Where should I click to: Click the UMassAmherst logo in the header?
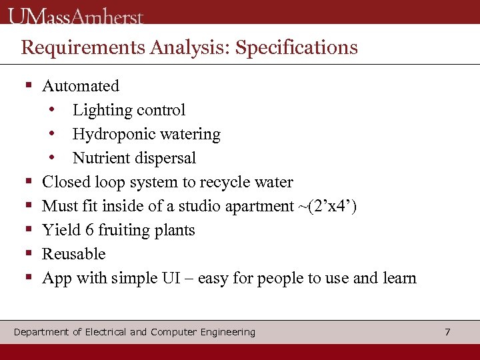(76, 15)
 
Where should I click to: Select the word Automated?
(81, 86)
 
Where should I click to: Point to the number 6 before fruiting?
(88, 230)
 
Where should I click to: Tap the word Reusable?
(73, 254)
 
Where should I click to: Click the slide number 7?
(447, 331)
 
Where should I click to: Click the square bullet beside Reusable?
(29, 254)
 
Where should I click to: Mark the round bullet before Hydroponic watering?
(51, 134)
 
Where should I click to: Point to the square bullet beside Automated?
(29, 86)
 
